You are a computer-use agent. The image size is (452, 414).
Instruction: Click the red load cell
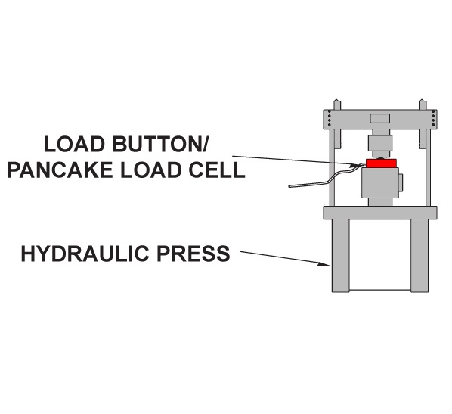(381, 163)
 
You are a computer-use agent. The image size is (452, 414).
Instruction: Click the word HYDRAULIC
(86, 254)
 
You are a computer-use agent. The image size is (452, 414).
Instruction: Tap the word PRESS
(193, 254)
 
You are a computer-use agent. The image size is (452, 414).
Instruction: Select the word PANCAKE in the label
(60, 170)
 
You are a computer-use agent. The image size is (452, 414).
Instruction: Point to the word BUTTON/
(159, 144)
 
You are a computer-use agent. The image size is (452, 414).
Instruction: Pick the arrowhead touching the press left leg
(324, 264)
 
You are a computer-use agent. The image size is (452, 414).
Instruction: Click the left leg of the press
(340, 256)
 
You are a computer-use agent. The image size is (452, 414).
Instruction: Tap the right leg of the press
(419, 256)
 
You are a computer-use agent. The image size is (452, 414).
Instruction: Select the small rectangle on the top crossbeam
(380, 118)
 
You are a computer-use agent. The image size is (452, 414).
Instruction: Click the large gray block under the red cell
(380, 183)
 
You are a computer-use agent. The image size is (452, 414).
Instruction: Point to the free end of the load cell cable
(289, 186)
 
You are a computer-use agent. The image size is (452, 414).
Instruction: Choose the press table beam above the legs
(380, 213)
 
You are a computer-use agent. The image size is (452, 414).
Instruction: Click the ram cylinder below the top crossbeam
(380, 143)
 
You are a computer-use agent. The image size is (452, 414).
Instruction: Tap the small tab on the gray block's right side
(401, 182)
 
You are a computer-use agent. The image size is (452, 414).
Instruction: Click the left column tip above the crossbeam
(337, 104)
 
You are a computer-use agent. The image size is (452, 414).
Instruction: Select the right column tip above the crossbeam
(423, 104)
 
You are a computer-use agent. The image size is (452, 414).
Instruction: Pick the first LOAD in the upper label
(74, 144)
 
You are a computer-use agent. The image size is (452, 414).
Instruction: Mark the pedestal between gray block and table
(380, 202)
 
